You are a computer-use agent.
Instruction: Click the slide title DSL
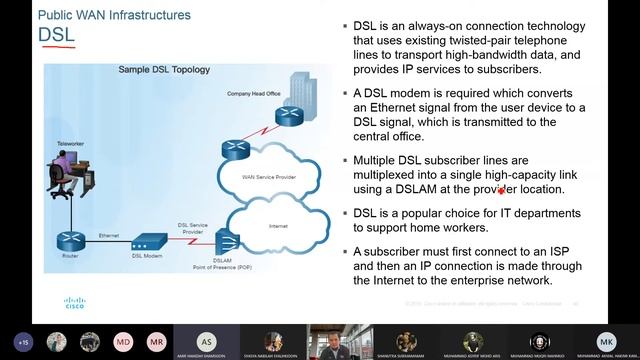(x=56, y=36)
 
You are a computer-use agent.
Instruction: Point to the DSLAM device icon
(x=226, y=240)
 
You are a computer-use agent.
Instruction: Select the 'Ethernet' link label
(x=108, y=235)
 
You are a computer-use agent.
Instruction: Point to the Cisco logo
(x=75, y=301)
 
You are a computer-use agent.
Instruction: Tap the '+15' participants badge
(x=22, y=341)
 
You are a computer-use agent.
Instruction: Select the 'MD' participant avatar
(x=123, y=341)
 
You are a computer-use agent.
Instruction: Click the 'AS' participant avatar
(x=206, y=341)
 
